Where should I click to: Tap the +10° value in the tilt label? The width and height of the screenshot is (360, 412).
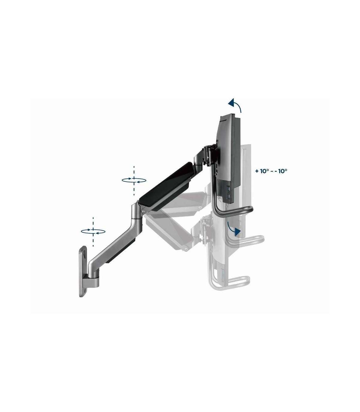262,171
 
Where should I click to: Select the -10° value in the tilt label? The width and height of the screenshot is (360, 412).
280,171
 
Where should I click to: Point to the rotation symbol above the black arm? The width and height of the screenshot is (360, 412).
134,180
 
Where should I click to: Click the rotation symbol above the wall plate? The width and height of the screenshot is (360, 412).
93,232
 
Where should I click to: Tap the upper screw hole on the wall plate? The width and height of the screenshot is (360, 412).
85,254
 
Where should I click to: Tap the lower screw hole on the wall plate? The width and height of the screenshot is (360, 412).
85,290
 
